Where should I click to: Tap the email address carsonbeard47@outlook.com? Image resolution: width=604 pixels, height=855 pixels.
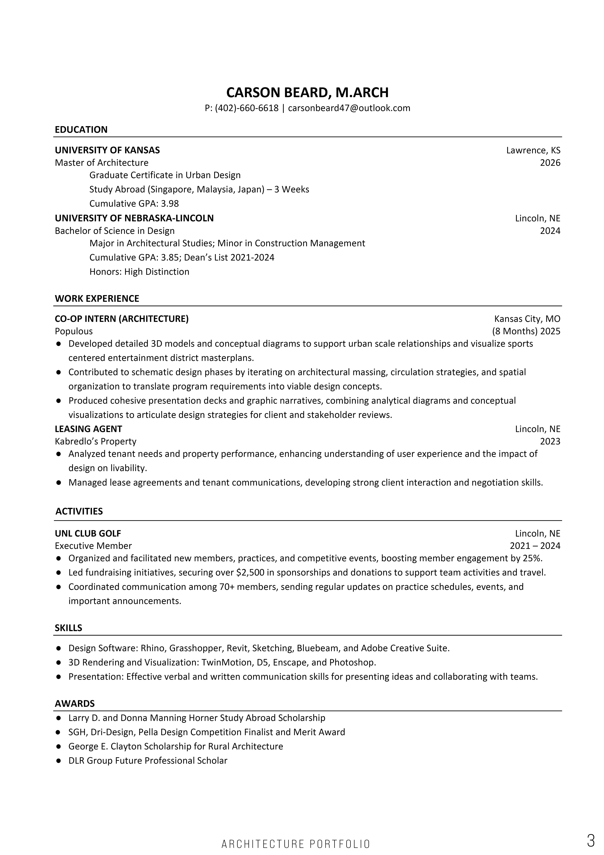click(x=349, y=108)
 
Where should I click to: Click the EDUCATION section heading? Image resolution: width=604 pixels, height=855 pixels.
click(x=81, y=130)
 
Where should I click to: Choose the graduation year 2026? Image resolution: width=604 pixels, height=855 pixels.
click(x=550, y=163)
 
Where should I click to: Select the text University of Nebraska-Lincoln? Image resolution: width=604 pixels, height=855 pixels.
click(x=134, y=218)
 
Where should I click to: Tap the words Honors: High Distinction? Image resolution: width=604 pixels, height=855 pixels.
click(x=139, y=272)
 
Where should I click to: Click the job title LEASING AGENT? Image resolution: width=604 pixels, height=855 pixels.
click(x=89, y=429)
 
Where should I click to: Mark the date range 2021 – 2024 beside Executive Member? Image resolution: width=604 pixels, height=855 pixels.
click(x=535, y=546)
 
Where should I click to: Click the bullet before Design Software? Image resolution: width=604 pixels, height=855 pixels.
click(x=58, y=648)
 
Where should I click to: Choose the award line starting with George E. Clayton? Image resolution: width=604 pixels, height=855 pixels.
click(x=176, y=746)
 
